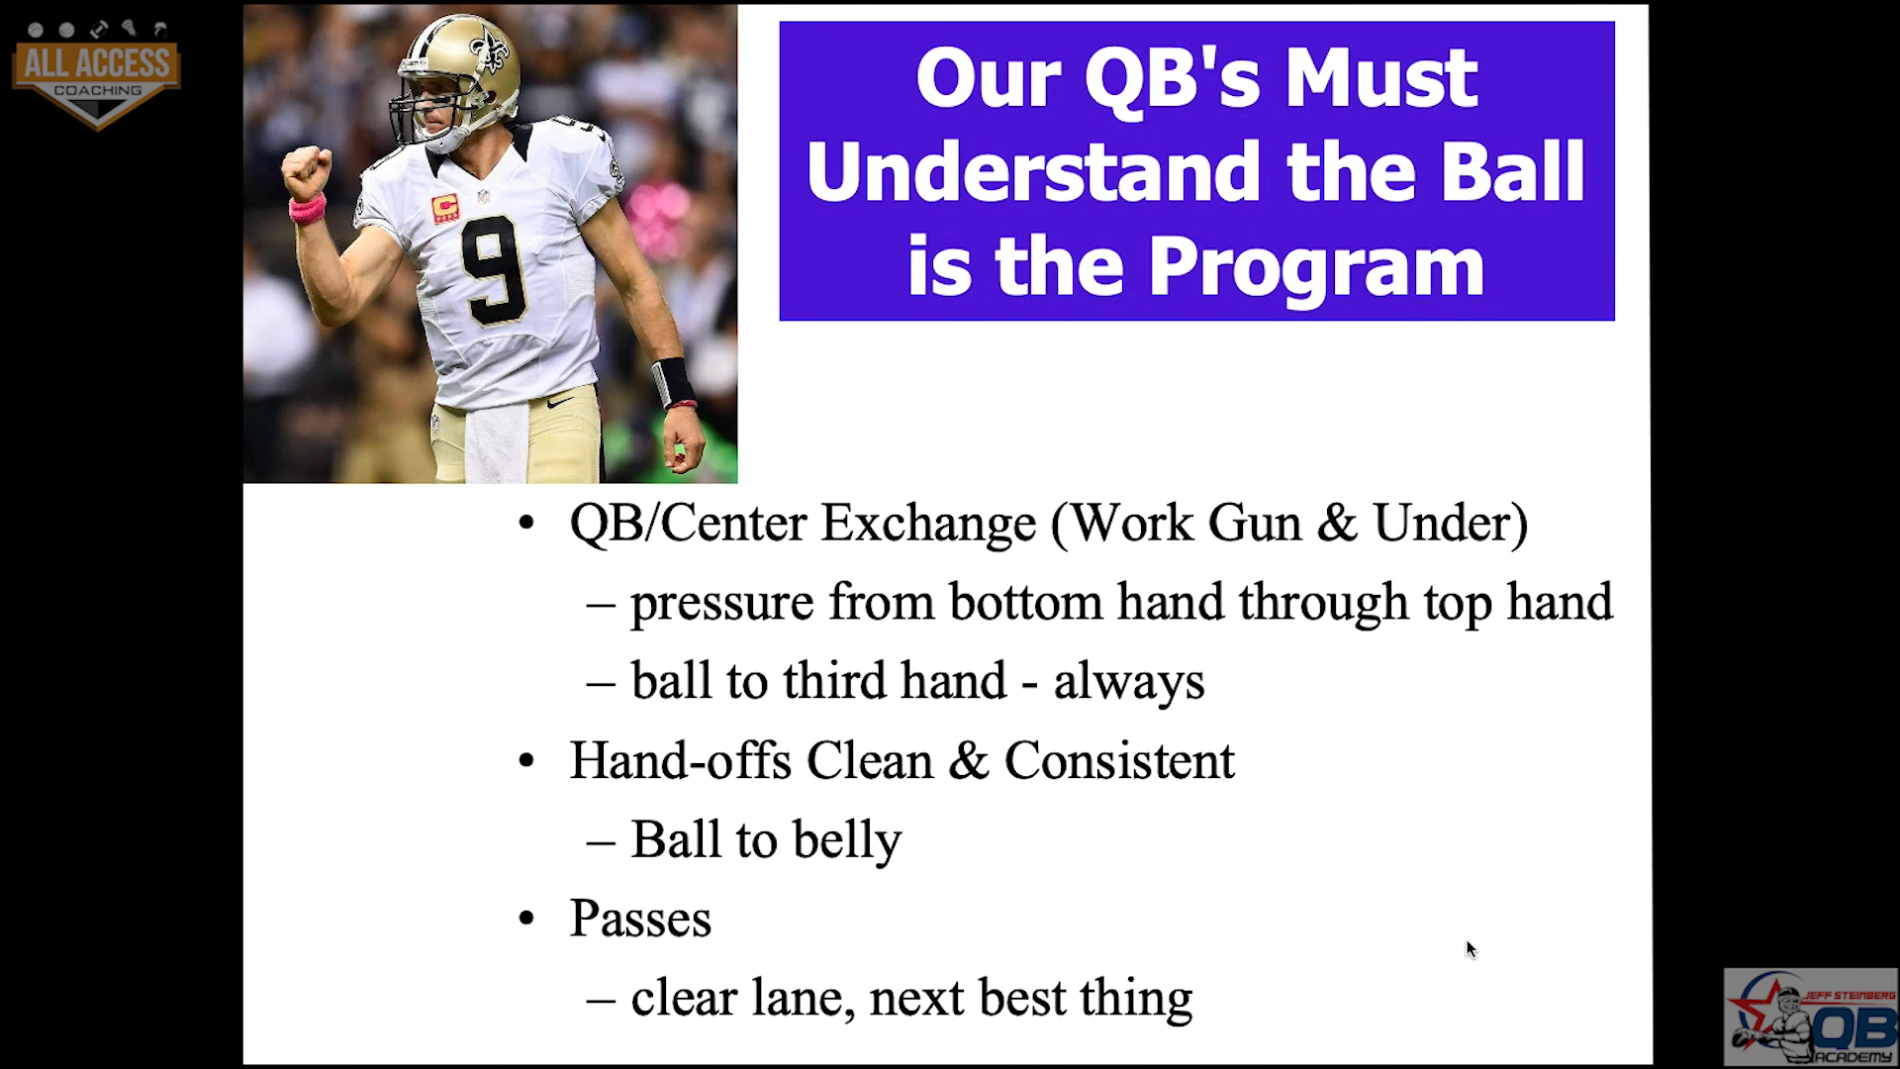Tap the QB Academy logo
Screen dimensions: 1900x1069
1810,1017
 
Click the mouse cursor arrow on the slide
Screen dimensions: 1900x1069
1471,949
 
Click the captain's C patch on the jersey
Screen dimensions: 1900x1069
444,207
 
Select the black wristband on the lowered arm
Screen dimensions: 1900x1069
674,383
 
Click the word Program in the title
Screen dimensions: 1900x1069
1316,267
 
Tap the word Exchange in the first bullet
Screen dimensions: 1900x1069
927,523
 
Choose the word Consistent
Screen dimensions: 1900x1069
1119,760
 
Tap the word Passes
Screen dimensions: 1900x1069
640,919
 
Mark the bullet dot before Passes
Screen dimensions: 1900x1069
526,920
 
